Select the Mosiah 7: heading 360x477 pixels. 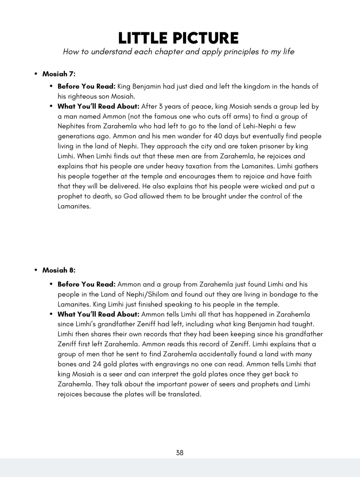pyautogui.click(x=59, y=74)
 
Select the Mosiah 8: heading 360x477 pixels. pyautogui.click(x=59, y=270)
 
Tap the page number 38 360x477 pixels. pyautogui.click(x=180, y=453)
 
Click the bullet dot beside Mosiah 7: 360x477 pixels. pyautogui.click(x=36, y=74)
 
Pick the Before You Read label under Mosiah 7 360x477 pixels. pyautogui.click(x=86, y=86)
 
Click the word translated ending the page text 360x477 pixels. pyautogui.click(x=184, y=394)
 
